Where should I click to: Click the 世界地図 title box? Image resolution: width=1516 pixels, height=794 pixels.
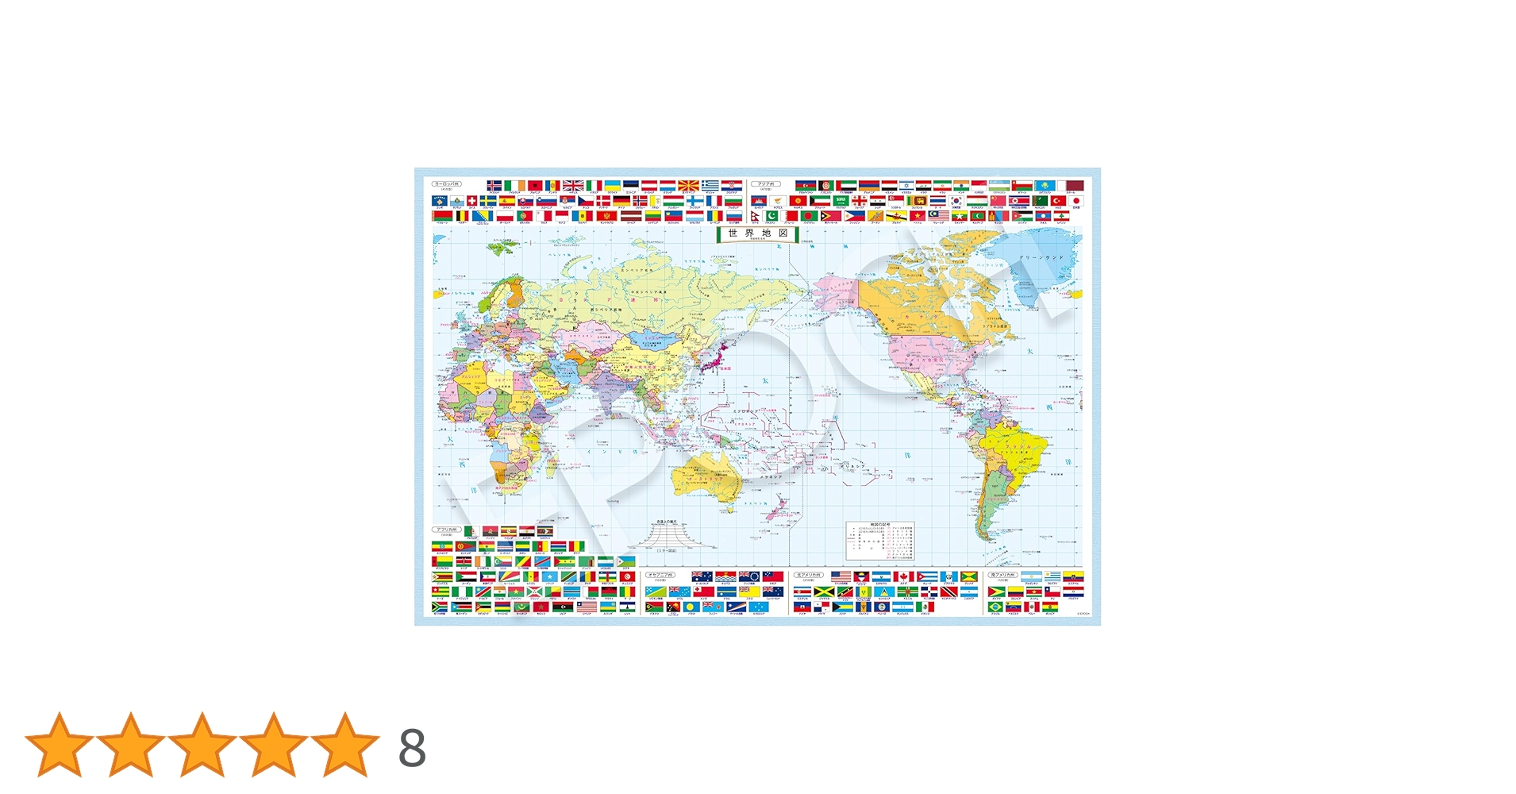[x=756, y=233]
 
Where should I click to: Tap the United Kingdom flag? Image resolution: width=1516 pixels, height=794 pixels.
[x=573, y=186]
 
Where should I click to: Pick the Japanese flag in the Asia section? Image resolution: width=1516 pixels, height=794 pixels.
[x=1076, y=201]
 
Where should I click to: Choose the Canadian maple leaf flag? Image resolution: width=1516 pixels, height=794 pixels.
[x=903, y=577]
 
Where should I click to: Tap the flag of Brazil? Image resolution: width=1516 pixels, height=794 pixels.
[x=996, y=607]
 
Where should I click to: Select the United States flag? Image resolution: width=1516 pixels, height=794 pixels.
[x=841, y=577]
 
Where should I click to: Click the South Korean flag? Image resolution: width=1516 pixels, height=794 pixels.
[x=956, y=201]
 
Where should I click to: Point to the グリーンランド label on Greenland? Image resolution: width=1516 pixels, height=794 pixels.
[x=1040, y=258]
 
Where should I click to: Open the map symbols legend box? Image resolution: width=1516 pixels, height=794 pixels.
[x=880, y=541]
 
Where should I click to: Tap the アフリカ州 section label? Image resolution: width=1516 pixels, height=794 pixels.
[x=446, y=530]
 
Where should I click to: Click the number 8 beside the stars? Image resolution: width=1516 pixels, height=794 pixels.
[x=412, y=748]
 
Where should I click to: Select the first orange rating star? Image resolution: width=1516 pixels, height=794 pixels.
[x=60, y=745]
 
